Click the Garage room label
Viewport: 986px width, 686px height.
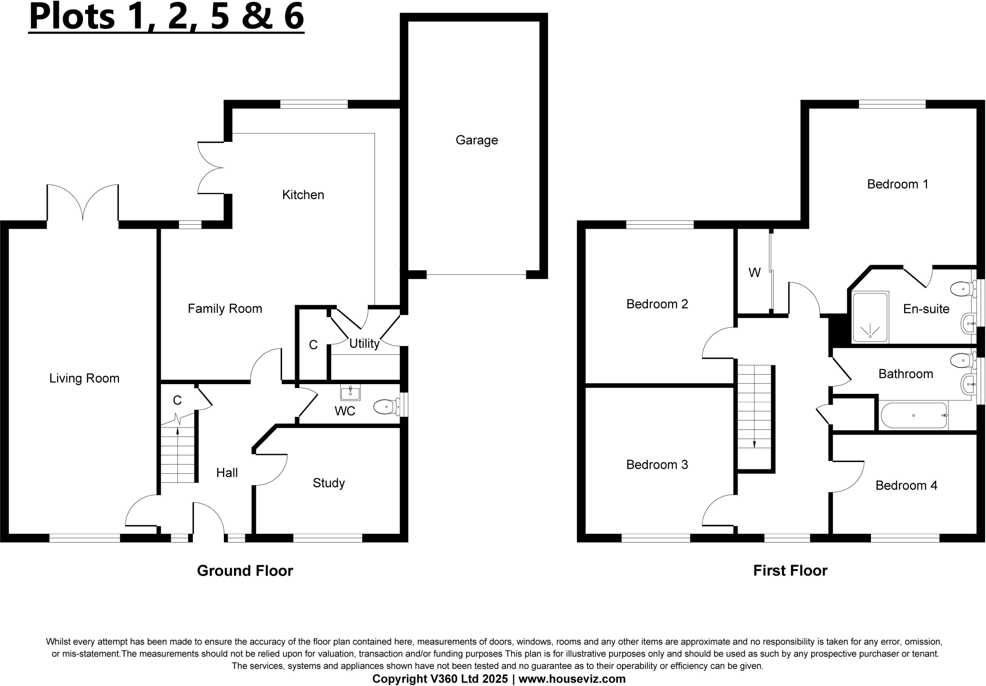pos(477,140)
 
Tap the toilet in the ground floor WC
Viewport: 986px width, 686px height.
pos(385,407)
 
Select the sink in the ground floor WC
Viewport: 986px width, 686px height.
pos(350,393)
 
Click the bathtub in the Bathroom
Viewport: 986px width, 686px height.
pos(913,415)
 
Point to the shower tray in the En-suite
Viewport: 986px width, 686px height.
pos(870,317)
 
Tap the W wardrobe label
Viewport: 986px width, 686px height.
pos(754,273)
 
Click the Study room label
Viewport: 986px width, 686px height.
pos(329,483)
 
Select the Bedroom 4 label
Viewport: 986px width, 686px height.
pos(906,485)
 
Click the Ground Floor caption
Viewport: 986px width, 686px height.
pos(245,570)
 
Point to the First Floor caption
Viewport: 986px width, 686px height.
pos(790,570)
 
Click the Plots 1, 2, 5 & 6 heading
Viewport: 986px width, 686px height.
pos(166,17)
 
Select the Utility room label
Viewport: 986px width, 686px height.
pos(364,343)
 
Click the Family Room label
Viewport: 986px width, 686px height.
pos(225,309)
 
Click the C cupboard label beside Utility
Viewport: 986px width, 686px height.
pos(313,345)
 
